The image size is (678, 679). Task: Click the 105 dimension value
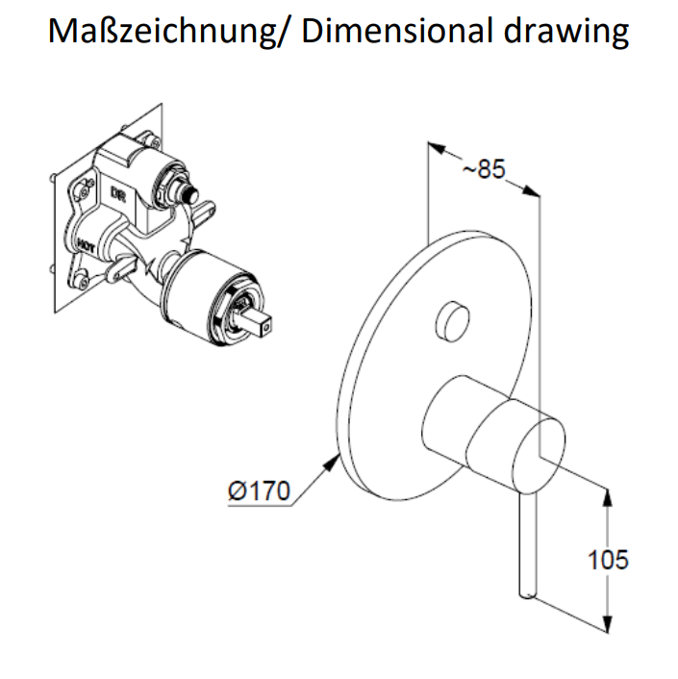tap(608, 559)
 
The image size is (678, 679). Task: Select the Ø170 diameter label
tap(258, 490)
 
